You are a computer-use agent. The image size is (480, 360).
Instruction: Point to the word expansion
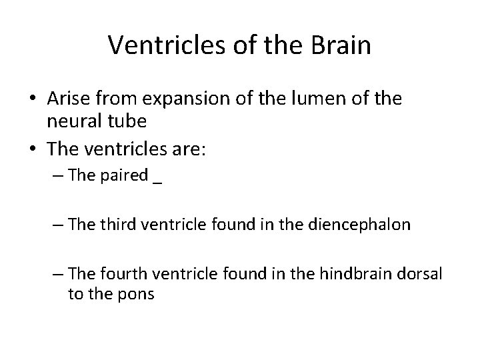175,99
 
